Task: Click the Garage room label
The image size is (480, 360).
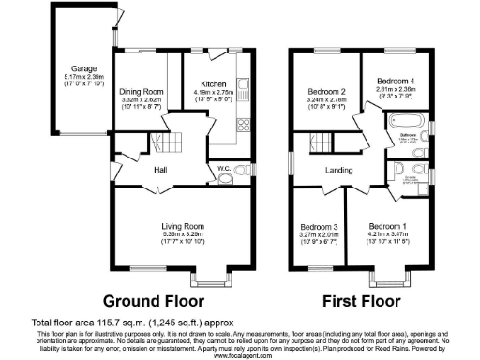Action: coord(80,68)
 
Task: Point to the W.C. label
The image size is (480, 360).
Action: coord(224,169)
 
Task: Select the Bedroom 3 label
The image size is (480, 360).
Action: coord(319,227)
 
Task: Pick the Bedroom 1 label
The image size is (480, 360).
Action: coord(387,227)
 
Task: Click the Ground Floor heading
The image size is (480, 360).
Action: coord(153,302)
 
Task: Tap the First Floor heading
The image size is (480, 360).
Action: coord(358,302)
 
